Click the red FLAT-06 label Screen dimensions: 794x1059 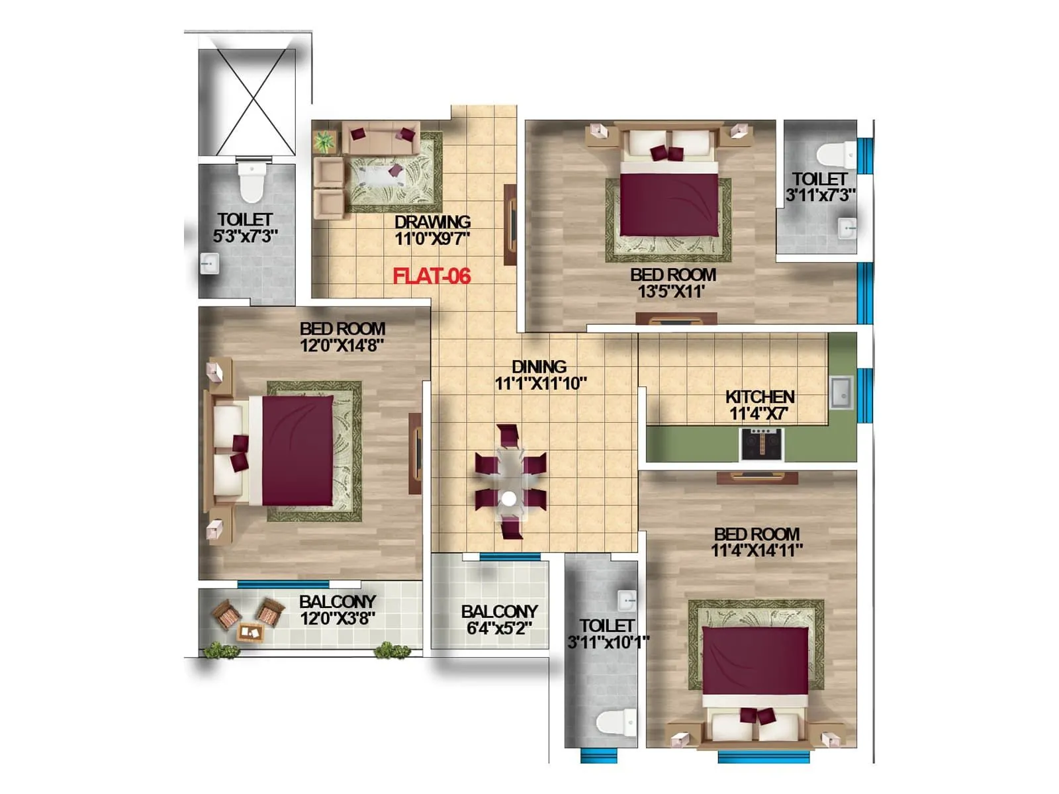click(x=432, y=276)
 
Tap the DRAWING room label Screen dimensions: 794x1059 click(x=432, y=222)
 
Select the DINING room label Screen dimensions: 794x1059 click(x=539, y=367)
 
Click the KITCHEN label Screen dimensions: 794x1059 click(x=760, y=397)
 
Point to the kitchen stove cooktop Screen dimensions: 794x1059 click(x=762, y=444)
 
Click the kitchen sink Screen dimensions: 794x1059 click(x=841, y=392)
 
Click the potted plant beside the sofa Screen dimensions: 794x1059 click(x=324, y=142)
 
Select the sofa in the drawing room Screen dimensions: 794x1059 click(x=381, y=138)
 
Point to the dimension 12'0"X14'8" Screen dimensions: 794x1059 click(x=342, y=345)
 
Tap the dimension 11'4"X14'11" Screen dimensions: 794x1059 click(x=757, y=551)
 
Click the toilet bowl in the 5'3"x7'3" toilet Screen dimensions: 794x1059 click(x=252, y=183)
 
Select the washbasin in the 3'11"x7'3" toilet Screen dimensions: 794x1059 click(x=847, y=228)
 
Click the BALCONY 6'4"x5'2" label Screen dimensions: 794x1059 click(x=499, y=611)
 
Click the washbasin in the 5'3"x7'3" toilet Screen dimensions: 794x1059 click(x=210, y=264)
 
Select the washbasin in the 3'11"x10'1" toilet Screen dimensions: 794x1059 click(x=626, y=599)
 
